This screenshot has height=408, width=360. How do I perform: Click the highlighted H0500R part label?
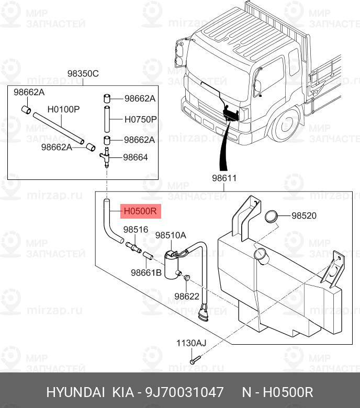click(140, 212)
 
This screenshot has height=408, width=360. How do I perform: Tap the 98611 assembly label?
click(224, 178)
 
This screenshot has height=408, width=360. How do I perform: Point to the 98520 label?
click(304, 216)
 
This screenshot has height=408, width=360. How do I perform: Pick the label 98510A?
click(171, 235)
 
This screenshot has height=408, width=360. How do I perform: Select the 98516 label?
click(136, 230)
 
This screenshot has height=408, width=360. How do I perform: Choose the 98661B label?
click(146, 273)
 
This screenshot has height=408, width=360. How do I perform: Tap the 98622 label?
click(187, 296)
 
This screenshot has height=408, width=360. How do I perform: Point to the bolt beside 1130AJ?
click(195, 360)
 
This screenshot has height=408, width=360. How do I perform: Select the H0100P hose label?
click(63, 110)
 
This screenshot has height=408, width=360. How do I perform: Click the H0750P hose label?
click(140, 119)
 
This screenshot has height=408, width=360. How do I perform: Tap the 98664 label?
click(135, 157)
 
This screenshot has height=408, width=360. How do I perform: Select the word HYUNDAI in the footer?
click(76, 392)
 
